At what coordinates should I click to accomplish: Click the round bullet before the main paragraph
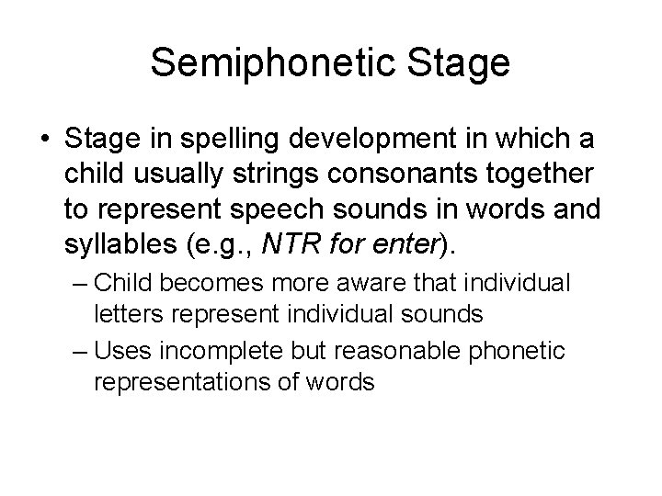47,141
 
